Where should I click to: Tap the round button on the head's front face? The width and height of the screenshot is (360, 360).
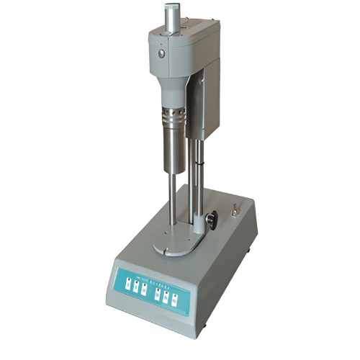(161, 53)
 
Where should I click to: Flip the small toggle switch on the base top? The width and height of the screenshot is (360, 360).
(233, 211)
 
